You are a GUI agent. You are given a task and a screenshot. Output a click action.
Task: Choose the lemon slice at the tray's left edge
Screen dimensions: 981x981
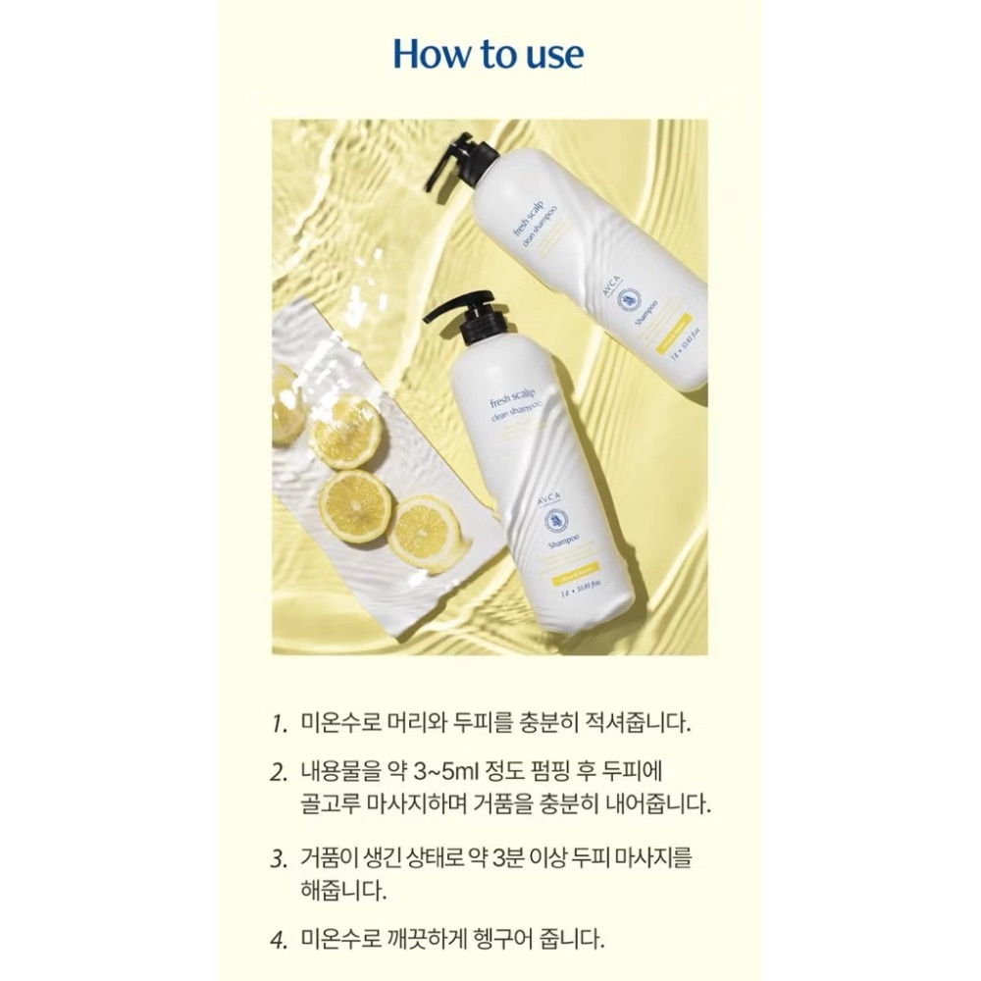click(286, 404)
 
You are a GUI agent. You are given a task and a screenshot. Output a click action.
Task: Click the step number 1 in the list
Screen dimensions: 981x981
click(279, 727)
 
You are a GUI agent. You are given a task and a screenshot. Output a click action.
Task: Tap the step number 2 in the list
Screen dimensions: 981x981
click(279, 770)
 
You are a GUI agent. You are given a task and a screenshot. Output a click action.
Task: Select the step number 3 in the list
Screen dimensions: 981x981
click(279, 858)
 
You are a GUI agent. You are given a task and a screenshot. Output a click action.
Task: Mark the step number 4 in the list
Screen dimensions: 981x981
click(279, 939)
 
